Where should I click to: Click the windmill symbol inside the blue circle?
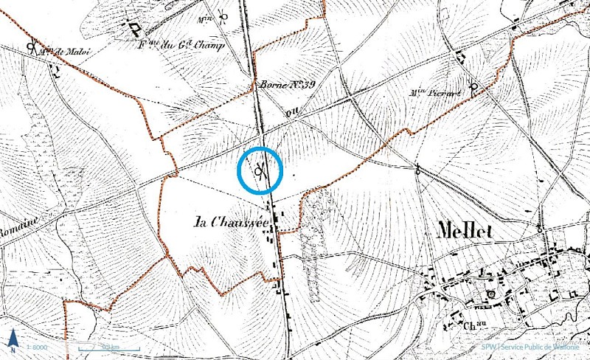(260, 172)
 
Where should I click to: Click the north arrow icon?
(13, 341)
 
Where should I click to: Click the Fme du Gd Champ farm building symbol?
(136, 29)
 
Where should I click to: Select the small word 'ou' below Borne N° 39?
(289, 114)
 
